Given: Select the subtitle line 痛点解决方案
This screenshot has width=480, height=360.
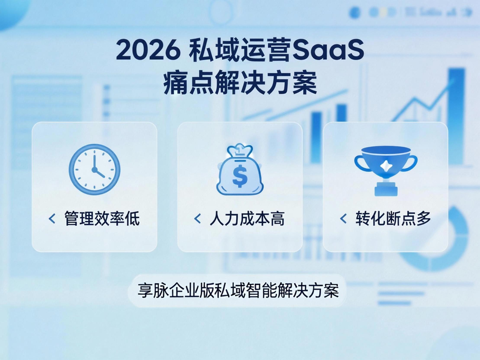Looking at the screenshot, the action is [x=240, y=83].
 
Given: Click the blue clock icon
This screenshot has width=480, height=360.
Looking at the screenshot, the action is [x=94, y=170].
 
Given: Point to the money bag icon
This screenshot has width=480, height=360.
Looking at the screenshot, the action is [x=240, y=169].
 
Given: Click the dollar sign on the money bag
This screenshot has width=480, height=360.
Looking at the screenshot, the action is [x=240, y=176].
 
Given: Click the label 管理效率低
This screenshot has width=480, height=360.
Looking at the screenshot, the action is [x=102, y=219].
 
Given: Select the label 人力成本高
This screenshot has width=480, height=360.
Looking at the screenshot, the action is [x=247, y=219].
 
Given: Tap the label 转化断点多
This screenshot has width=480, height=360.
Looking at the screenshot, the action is [x=393, y=219].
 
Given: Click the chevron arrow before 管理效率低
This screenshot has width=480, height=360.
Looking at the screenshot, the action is [x=52, y=219].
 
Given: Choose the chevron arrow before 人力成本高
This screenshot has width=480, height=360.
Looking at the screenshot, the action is [x=197, y=219].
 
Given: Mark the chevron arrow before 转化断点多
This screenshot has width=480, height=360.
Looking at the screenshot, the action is [x=343, y=219].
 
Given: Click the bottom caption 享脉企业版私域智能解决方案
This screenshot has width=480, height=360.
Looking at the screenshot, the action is [x=238, y=290].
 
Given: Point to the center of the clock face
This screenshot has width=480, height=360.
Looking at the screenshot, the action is [x=94, y=170].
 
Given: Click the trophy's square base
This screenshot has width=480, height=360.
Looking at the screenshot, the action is [x=386, y=189].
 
